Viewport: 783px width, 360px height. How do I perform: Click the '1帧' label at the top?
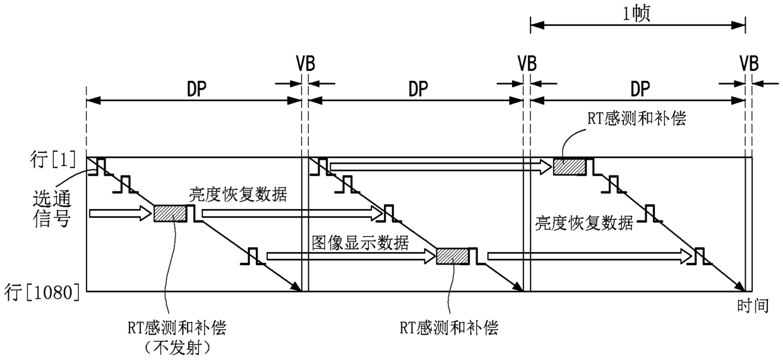(637, 15)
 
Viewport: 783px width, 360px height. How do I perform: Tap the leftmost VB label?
(306, 64)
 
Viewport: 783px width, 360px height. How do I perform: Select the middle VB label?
(527, 64)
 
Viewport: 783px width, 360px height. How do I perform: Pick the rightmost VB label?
(749, 64)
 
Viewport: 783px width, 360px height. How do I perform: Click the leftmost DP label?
(197, 89)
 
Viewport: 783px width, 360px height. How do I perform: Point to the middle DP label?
(419, 89)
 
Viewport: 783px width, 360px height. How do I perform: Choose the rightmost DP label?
(640, 89)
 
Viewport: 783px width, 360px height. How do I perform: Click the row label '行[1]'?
(53, 160)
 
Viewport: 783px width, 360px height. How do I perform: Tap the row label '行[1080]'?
(42, 292)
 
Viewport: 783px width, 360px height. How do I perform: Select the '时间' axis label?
(753, 306)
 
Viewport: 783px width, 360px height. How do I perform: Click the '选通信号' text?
(52, 208)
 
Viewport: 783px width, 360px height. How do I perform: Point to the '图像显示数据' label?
(361, 243)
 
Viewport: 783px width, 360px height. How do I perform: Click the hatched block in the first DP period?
(170, 213)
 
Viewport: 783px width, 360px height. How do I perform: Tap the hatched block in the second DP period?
(453, 256)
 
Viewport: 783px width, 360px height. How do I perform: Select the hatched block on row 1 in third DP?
(570, 166)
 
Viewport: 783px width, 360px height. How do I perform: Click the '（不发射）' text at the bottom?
(177, 348)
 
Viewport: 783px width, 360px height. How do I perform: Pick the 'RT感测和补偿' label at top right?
(637, 119)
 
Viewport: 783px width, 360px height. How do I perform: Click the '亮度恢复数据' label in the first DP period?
(238, 195)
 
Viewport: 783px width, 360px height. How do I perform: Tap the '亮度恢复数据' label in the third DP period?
(584, 223)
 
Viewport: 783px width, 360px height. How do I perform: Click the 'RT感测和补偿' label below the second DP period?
(449, 328)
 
